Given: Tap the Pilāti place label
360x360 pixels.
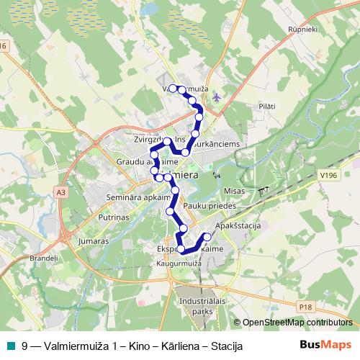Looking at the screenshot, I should pyautogui.click(x=266, y=106).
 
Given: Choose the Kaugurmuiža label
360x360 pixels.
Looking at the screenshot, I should pyautogui.click(x=176, y=264).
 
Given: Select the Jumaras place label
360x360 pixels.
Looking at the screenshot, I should pyautogui.click(x=94, y=241).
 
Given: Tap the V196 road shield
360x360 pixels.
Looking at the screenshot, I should pyautogui.click(x=329, y=175).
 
